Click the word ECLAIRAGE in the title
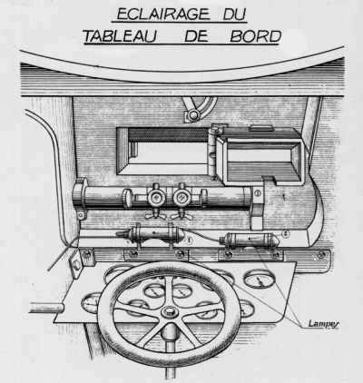click(163, 15)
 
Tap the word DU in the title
click(234, 15)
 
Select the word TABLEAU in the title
click(120, 36)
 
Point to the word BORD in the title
click(256, 36)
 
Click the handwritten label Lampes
click(324, 324)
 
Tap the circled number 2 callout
click(286, 233)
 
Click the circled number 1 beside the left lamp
click(189, 241)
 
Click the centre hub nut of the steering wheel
click(169, 311)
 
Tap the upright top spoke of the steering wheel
click(169, 290)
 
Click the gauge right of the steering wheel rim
click(260, 279)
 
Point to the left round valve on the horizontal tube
click(156, 198)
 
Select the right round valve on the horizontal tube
click(181, 198)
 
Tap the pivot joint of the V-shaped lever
click(193, 115)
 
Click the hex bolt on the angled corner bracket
click(77, 266)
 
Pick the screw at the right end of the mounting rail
click(321, 255)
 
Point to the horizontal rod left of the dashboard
click(46, 308)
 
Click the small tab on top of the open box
click(261, 128)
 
